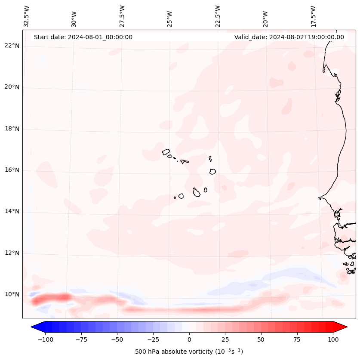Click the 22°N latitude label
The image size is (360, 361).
click(x=12, y=46)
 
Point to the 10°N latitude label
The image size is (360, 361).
click(x=12, y=295)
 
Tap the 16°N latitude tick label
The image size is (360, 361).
click(x=12, y=170)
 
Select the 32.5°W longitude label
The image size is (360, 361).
click(x=27, y=16)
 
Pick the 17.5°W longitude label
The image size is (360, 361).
click(x=313, y=16)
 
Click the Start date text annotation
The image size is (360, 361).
click(x=83, y=37)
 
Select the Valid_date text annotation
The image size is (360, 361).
click(x=289, y=37)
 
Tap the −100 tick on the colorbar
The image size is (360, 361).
click(x=45, y=339)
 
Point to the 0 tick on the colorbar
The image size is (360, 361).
click(x=189, y=339)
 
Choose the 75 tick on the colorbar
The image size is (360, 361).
click(x=297, y=339)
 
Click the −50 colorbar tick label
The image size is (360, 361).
click(x=117, y=339)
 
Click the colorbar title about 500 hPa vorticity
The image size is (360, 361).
click(x=189, y=352)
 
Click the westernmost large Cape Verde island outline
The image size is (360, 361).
click(x=166, y=152)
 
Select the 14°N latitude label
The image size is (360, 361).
click(x=12, y=212)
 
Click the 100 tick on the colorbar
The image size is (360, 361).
click(x=332, y=339)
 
